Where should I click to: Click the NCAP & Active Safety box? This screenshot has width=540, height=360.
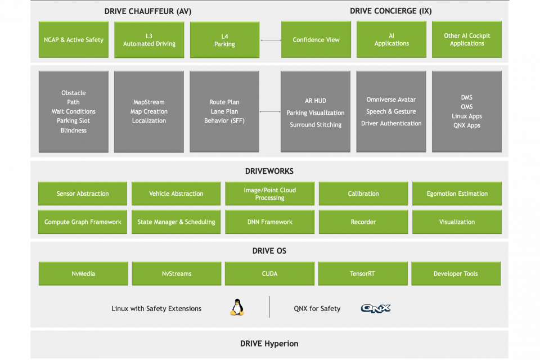tap(74, 39)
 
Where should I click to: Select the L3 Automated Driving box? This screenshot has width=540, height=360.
tap(149, 40)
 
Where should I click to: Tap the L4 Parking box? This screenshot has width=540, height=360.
tap(224, 40)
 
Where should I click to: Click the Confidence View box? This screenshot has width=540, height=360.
tap(316, 39)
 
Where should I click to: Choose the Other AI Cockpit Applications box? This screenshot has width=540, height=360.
tap(467, 39)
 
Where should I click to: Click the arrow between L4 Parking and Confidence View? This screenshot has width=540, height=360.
tap(271, 40)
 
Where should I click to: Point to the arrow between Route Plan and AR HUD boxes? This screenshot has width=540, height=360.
tap(270, 111)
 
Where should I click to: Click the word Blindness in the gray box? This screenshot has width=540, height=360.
tap(74, 130)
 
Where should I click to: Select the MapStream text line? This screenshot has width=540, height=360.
tap(148, 102)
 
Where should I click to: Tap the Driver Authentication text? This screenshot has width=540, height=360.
tap(391, 123)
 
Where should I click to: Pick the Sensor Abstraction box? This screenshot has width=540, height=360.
tap(83, 193)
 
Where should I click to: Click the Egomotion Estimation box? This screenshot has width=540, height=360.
tap(457, 193)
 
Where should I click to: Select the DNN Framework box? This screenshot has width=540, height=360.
tap(269, 222)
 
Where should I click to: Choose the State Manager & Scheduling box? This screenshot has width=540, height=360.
tap(176, 222)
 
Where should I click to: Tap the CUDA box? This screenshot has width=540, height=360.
tap(269, 273)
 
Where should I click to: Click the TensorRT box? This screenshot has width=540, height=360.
tap(363, 273)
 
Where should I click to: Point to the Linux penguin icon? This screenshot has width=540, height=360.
tap(237, 307)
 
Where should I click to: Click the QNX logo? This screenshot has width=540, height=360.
tap(376, 308)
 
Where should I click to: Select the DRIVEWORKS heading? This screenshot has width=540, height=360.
tap(269, 171)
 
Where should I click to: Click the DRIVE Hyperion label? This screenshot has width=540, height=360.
tap(269, 344)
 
